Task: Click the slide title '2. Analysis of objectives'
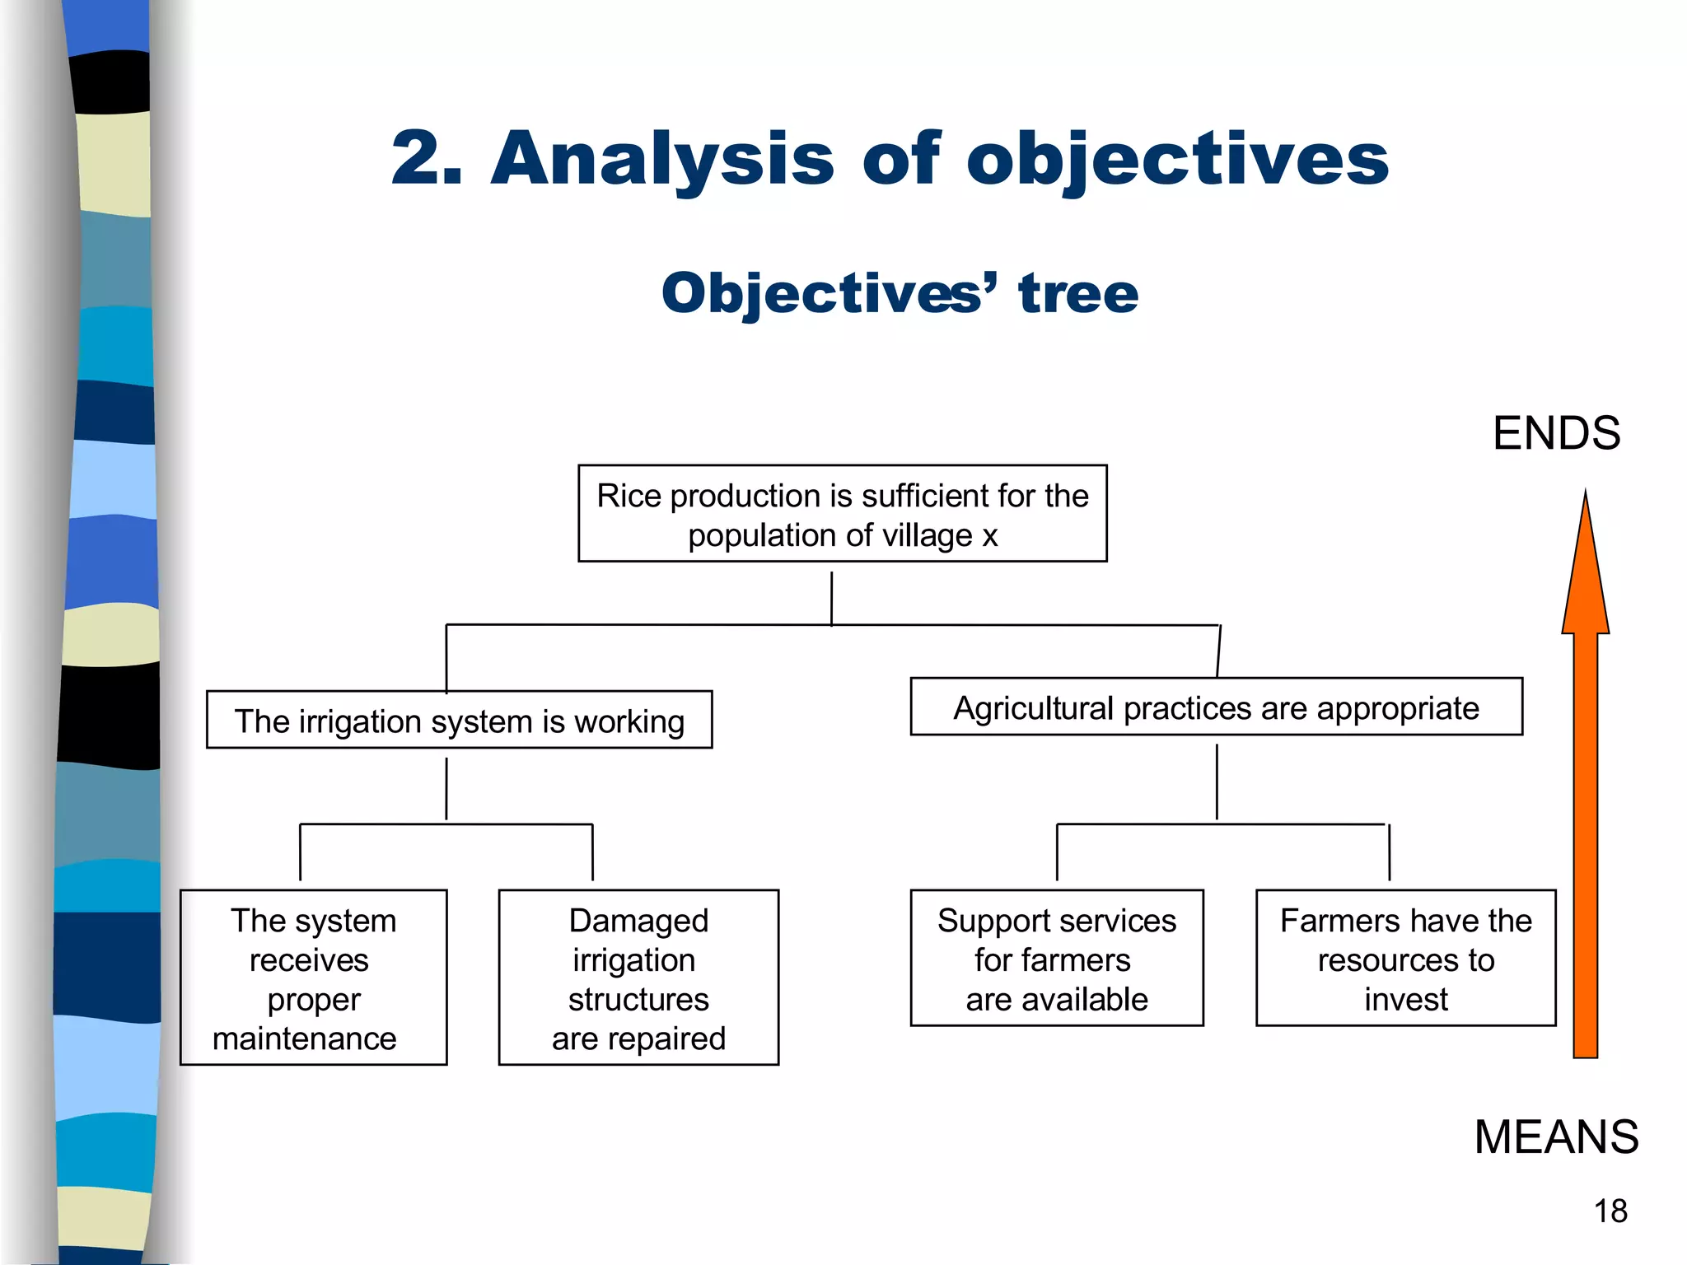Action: click(890, 158)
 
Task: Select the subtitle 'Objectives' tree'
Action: click(900, 293)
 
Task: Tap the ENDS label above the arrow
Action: click(1556, 433)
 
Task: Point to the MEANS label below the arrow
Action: click(1556, 1137)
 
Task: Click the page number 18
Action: click(1610, 1211)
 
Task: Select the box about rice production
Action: click(842, 514)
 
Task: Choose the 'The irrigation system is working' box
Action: click(459, 721)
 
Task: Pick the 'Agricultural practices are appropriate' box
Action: click(1216, 707)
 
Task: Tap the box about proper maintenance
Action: click(313, 978)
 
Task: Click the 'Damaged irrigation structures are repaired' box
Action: click(638, 978)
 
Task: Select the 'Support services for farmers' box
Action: click(1057, 958)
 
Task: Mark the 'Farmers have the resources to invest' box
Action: click(1405, 958)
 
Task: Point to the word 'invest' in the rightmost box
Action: click(1405, 999)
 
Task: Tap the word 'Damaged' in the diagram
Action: click(638, 921)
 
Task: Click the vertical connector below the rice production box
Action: click(831, 598)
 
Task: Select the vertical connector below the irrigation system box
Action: click(446, 788)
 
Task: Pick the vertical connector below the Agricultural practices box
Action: click(1217, 782)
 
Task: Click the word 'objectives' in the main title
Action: click(1178, 158)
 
